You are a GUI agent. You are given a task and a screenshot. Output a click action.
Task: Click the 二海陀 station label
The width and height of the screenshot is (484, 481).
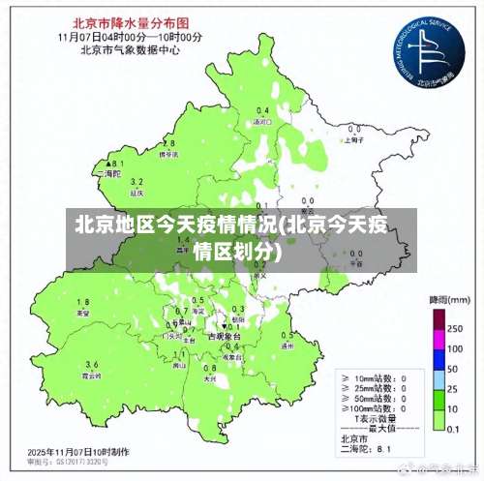[111, 174]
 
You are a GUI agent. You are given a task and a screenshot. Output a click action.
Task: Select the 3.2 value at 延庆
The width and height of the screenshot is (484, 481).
[136, 182]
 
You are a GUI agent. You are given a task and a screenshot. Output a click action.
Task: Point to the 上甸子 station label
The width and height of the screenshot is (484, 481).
[354, 140]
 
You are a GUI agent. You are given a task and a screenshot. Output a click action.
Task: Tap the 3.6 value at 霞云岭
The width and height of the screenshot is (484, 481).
[92, 363]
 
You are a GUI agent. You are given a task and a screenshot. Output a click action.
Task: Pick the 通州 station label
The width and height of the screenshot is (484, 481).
[287, 345]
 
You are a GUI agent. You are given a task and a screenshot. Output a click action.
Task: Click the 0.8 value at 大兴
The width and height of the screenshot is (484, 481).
[209, 368]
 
